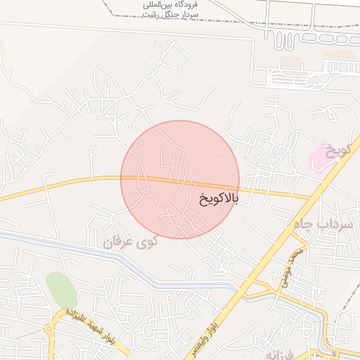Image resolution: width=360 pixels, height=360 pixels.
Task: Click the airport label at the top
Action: [171, 9]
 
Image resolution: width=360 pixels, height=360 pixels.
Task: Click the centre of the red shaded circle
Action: [180, 179]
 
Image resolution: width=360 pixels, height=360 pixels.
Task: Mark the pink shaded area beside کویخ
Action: [323, 156]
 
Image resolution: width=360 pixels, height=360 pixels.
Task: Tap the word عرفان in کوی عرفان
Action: [119, 243]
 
